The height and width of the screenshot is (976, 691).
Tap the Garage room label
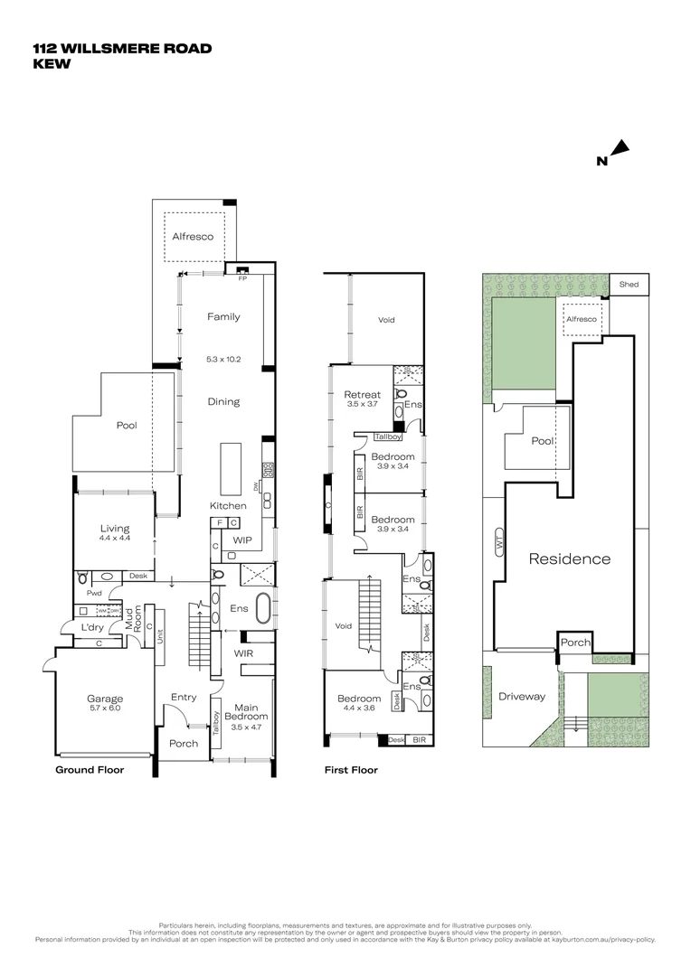click(x=105, y=699)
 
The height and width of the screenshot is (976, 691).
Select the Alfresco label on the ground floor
click(x=193, y=237)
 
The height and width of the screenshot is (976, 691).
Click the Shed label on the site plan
click(x=629, y=285)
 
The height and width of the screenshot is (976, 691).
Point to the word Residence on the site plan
click(x=570, y=558)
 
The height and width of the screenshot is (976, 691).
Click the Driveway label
click(x=522, y=697)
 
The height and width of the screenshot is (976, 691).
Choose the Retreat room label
click(x=363, y=395)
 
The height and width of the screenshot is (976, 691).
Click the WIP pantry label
click(x=242, y=540)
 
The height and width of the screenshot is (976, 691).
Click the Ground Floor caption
click(x=90, y=770)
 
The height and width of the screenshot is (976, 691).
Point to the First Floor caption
click(x=351, y=770)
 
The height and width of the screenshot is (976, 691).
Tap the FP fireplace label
click(x=241, y=279)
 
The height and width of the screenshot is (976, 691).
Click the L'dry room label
click(x=91, y=627)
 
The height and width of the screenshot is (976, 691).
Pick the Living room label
click(x=115, y=529)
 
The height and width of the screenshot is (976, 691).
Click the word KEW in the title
click(x=52, y=64)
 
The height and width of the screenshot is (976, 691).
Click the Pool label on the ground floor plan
click(x=126, y=424)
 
